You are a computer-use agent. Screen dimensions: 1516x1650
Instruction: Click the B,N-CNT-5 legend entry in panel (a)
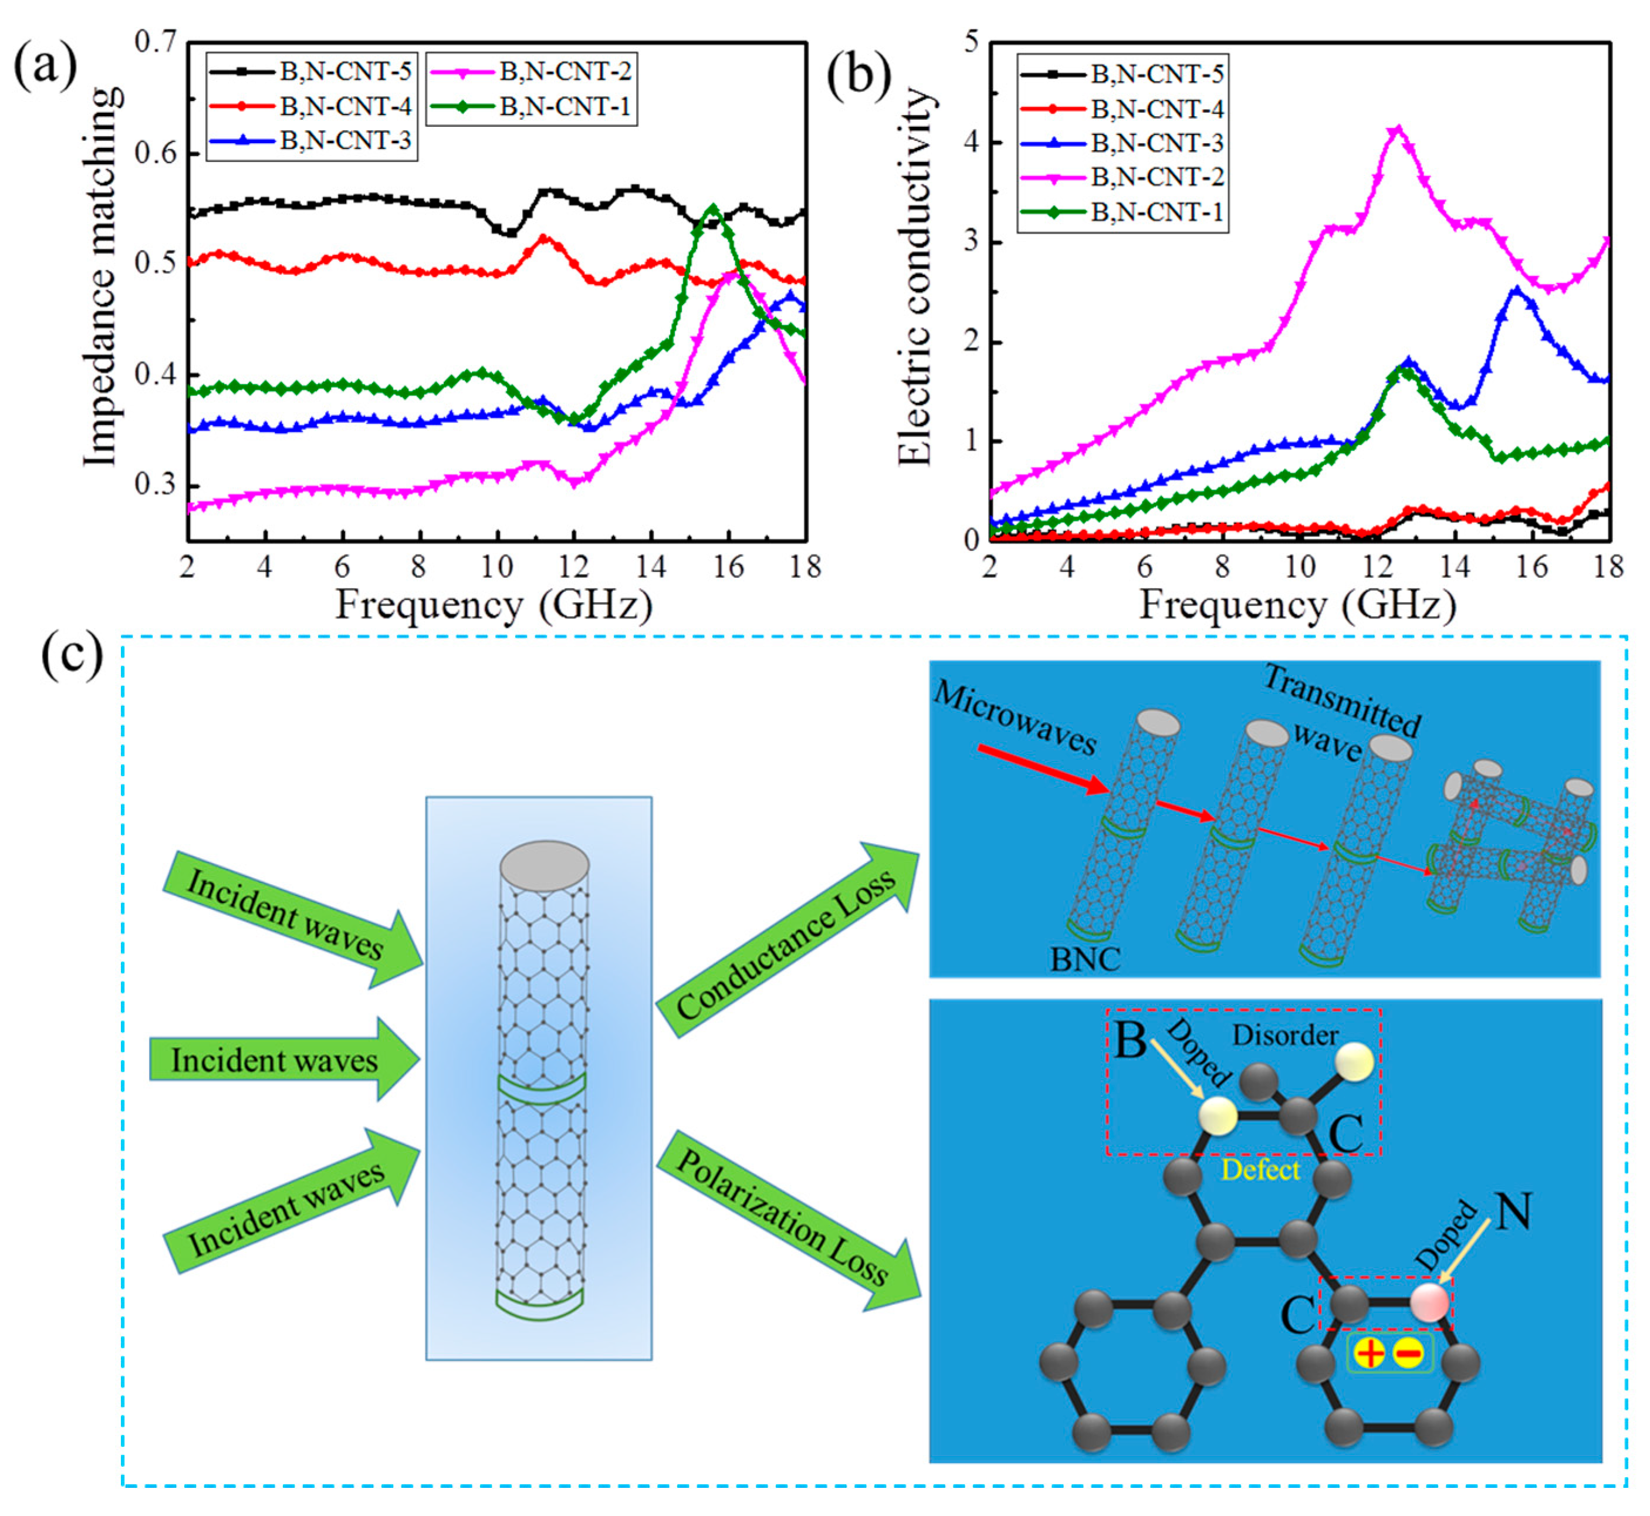click(x=344, y=72)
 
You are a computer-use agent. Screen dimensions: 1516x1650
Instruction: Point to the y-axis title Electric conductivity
click(x=915, y=279)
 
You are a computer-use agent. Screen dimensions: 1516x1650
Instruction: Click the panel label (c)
click(x=72, y=657)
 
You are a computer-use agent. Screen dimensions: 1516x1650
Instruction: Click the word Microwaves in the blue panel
click(x=1015, y=718)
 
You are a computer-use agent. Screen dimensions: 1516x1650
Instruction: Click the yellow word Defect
click(x=1260, y=1170)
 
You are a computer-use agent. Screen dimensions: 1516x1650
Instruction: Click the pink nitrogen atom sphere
click(x=1430, y=1301)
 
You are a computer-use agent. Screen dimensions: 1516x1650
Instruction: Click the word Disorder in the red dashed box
click(x=1285, y=1036)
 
